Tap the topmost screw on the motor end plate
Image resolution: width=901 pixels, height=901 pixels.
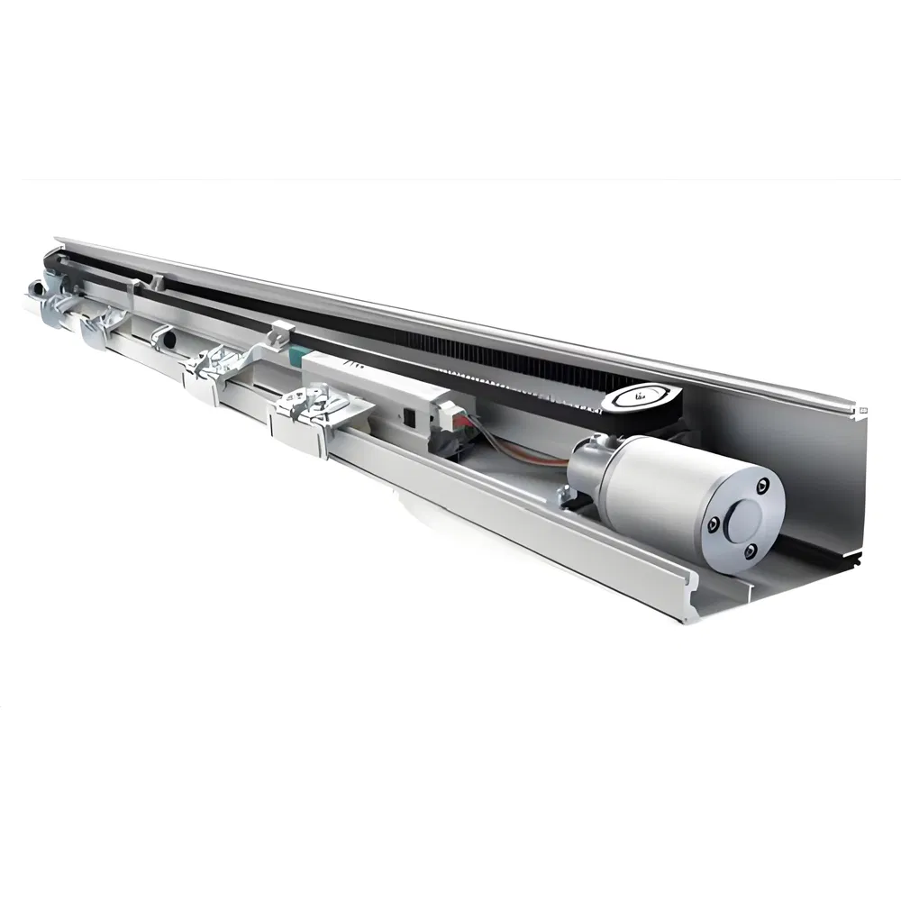[x=764, y=487]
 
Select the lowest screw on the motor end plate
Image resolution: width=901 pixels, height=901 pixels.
[x=746, y=550]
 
